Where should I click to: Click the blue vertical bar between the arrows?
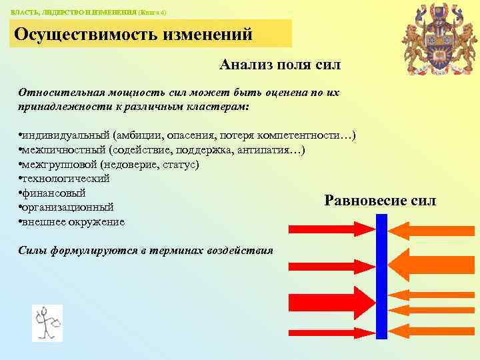(382, 276)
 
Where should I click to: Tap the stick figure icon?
(47, 323)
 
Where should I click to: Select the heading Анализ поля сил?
(279, 65)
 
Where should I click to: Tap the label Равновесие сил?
(380, 200)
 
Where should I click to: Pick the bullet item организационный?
(67, 207)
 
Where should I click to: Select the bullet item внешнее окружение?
(73, 222)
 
